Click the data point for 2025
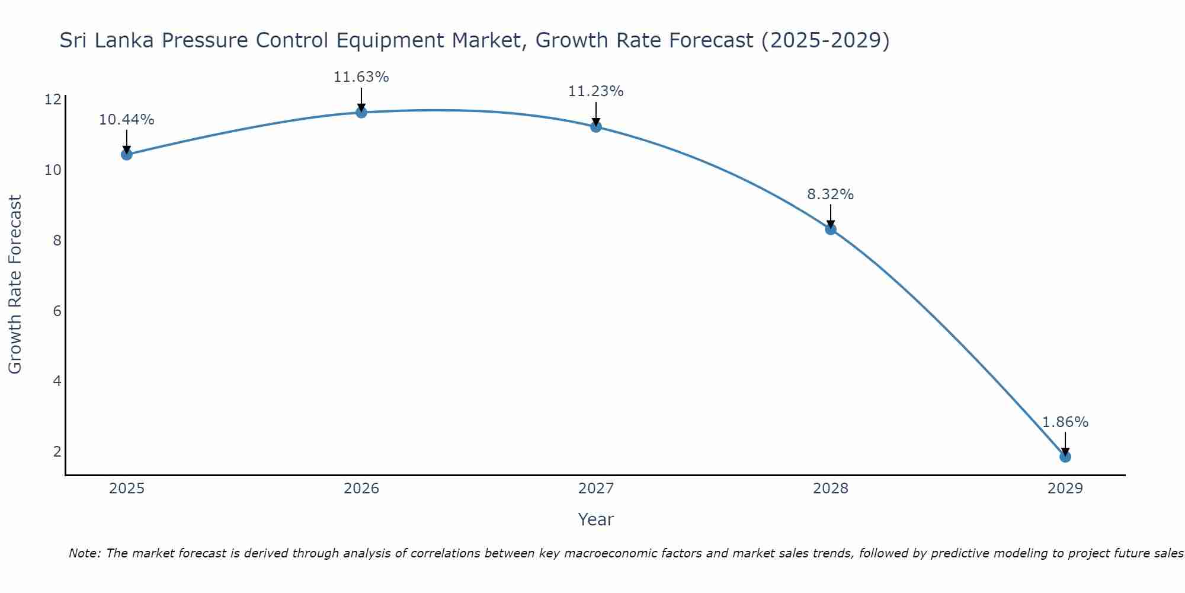pos(126,155)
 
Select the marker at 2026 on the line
pos(361,113)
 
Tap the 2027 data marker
pos(596,127)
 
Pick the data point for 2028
pos(831,229)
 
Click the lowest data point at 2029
pos(1065,457)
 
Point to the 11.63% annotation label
pos(361,77)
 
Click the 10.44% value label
pos(126,120)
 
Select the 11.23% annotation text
pos(595,91)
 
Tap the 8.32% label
pos(830,195)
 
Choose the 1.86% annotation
pos(1065,422)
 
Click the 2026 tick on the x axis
pos(361,489)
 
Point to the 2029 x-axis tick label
pos(1065,489)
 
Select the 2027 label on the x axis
pos(596,489)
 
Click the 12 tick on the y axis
pos(53,100)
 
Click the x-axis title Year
pos(595,519)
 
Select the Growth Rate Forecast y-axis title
pos(15,284)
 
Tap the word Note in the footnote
pos(84,553)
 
